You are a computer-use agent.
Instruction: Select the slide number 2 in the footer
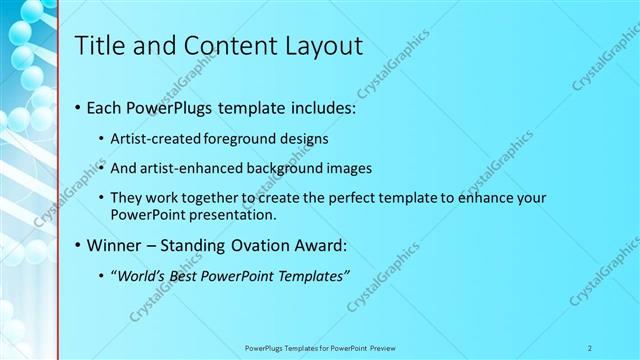[x=590, y=347]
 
